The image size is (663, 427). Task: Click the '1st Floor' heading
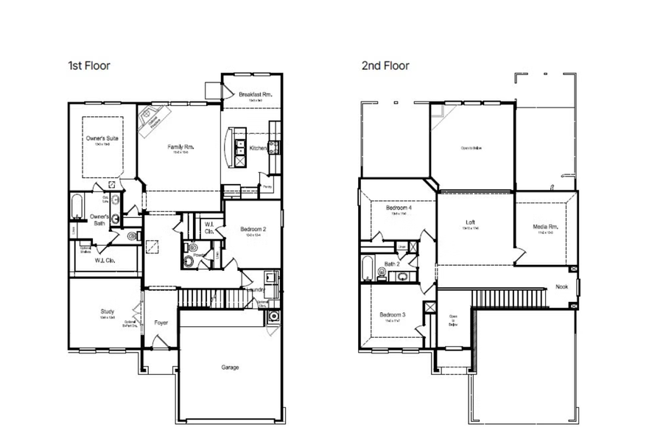tap(88, 66)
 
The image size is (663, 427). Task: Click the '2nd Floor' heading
tap(385, 66)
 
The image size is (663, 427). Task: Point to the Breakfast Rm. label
tap(256, 94)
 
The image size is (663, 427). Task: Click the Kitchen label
tap(258, 149)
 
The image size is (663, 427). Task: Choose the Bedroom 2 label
tap(253, 230)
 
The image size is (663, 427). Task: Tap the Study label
tap(108, 311)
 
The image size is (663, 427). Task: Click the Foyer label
tap(161, 322)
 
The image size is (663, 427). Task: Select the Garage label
tap(230, 367)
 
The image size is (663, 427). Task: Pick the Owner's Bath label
tap(99, 219)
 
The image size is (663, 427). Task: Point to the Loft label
tap(470, 222)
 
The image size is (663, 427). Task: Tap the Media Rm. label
tap(545, 227)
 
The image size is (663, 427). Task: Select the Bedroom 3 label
tap(391, 315)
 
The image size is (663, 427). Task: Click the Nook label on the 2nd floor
tap(562, 287)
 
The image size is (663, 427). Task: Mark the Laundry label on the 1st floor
tap(258, 290)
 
